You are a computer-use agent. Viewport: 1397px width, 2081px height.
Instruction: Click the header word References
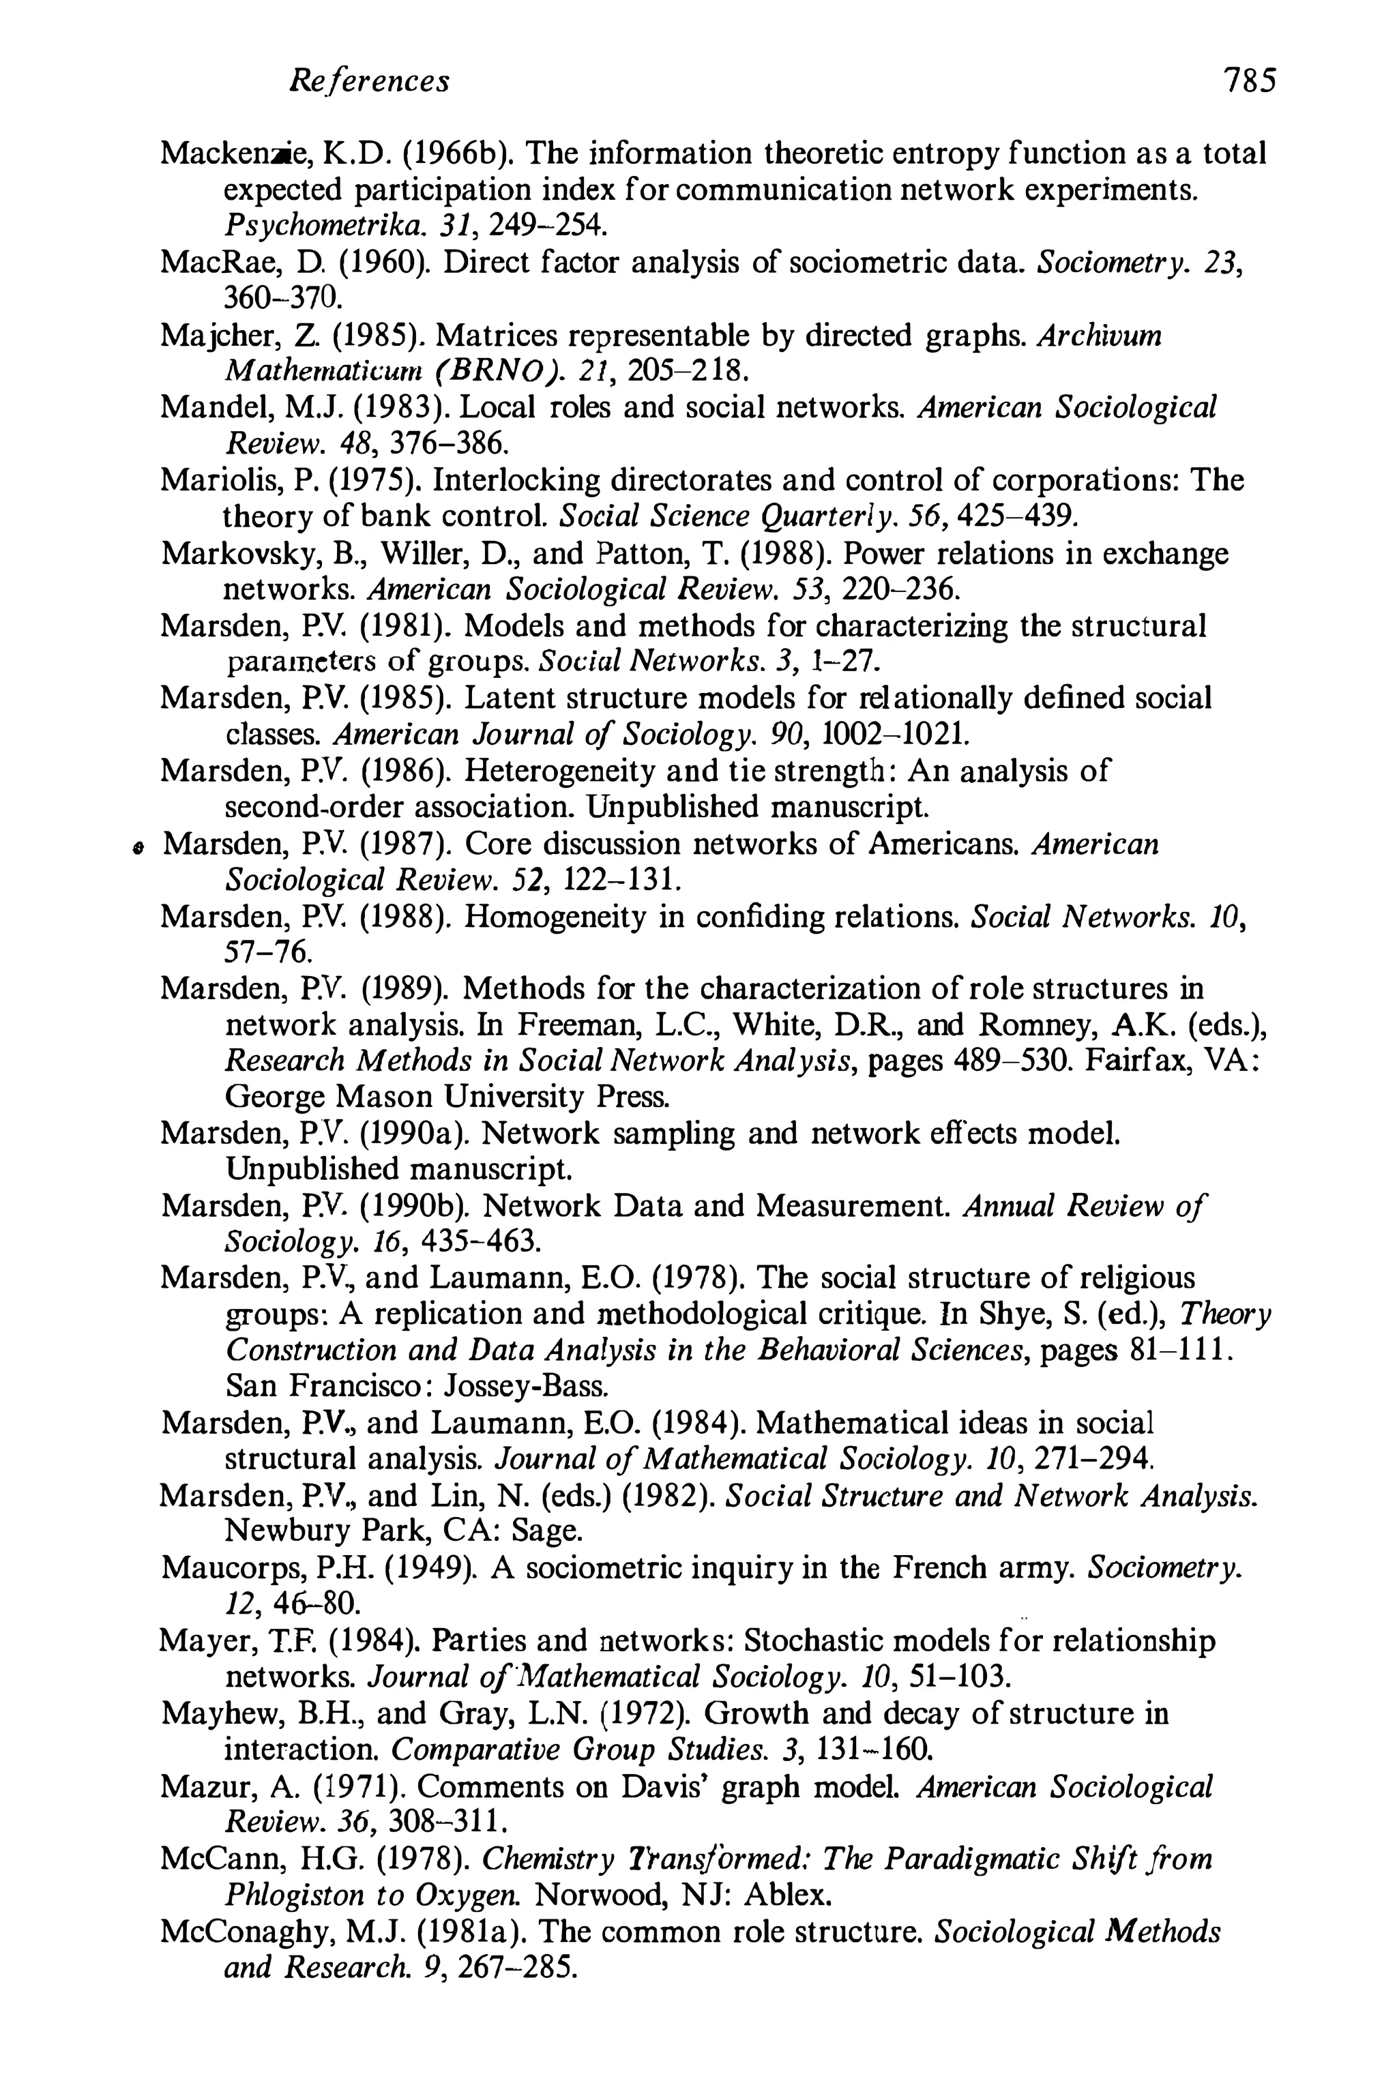(370, 82)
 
